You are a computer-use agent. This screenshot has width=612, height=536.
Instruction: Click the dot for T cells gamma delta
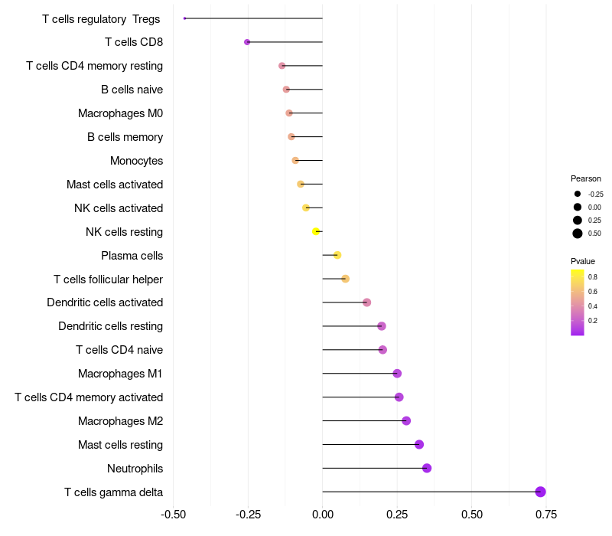pyautogui.click(x=540, y=492)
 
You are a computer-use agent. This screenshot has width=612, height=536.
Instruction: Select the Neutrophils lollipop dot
pyautogui.click(x=427, y=468)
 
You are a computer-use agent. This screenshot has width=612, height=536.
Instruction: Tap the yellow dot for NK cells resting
pyautogui.click(x=316, y=232)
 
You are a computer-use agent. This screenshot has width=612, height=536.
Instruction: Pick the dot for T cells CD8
pyautogui.click(x=247, y=42)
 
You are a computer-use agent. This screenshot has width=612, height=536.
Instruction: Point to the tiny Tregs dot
pyautogui.click(x=184, y=18)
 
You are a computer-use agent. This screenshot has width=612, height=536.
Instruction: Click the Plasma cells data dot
pyautogui.click(x=337, y=255)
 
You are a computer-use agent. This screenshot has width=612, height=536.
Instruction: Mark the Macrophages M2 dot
pyautogui.click(x=406, y=420)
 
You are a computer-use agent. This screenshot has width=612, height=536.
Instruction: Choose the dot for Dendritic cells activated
pyautogui.click(x=367, y=302)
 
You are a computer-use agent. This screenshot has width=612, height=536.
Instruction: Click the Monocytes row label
pyautogui.click(x=137, y=161)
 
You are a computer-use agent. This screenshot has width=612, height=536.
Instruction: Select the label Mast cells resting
pyautogui.click(x=121, y=445)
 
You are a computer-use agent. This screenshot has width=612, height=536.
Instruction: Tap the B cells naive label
pyautogui.click(x=132, y=90)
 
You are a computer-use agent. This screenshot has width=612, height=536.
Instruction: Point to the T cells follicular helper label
pyautogui.click(x=108, y=279)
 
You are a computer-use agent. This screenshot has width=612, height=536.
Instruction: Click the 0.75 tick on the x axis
pyautogui.click(x=546, y=515)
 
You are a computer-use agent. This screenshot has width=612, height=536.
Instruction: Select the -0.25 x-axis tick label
pyautogui.click(x=248, y=515)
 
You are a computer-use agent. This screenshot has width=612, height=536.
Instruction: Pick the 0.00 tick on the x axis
pyautogui.click(x=322, y=515)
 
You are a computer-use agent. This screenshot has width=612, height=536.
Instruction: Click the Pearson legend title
pyautogui.click(x=586, y=178)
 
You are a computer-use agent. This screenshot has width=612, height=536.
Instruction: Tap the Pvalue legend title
pyautogui.click(x=583, y=261)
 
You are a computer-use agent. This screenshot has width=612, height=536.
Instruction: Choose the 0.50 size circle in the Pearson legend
pyautogui.click(x=578, y=234)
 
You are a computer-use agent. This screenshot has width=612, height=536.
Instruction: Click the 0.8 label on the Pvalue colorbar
pyautogui.click(x=592, y=277)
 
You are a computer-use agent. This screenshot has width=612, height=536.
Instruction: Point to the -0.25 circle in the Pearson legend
pyautogui.click(x=578, y=194)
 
